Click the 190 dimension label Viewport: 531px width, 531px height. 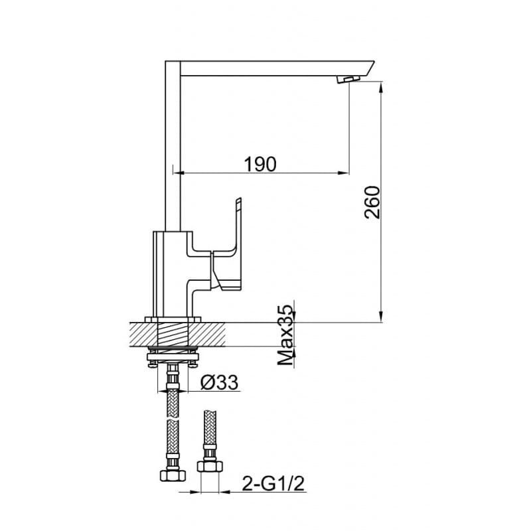[x=260, y=164]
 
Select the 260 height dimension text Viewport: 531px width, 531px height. [x=372, y=202]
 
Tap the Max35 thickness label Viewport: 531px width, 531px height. [x=285, y=335]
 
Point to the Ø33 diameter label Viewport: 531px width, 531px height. [x=220, y=382]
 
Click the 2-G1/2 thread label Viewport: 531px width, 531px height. [x=273, y=484]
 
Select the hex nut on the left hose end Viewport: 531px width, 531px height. [x=173, y=475]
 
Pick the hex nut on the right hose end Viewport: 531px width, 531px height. [x=210, y=466]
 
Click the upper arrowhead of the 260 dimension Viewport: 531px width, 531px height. [x=382, y=88]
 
